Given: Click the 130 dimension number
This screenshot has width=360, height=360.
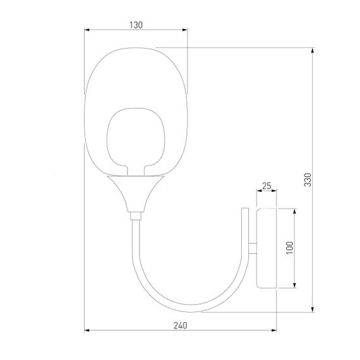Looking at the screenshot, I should pos(136,25).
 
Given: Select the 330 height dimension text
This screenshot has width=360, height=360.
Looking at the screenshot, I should pos(307,181).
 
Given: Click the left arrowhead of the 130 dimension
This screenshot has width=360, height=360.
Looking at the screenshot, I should pos(87,29).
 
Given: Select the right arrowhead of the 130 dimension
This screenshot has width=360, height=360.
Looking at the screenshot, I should pos(186,29).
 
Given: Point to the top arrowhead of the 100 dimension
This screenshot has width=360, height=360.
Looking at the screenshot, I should pos(295,210).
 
